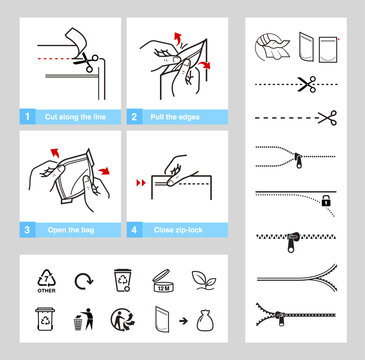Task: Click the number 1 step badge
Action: click(28, 117)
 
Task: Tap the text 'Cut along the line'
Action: click(72, 117)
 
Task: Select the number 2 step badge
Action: click(134, 117)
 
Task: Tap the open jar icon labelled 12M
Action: click(163, 281)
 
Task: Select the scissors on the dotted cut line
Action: click(307, 85)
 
